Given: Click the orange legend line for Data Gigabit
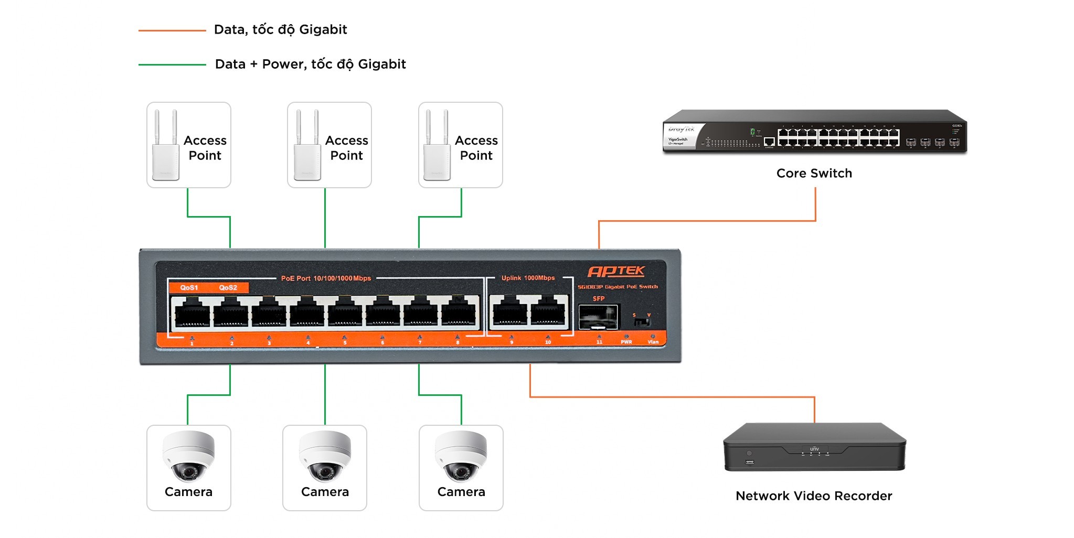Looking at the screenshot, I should (172, 30).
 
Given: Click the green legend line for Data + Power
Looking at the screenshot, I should (172, 64).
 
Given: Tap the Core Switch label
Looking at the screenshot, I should (814, 174).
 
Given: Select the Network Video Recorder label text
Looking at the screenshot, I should (814, 496).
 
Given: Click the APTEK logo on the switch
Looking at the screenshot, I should (616, 271).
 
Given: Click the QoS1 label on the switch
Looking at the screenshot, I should (189, 287).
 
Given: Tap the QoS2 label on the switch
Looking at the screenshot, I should (228, 287).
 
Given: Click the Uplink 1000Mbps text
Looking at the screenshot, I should (528, 278).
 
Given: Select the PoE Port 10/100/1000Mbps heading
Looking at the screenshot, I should (326, 278).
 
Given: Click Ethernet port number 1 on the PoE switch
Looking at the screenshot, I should (192, 314).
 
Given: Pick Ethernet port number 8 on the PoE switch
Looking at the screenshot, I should (459, 314).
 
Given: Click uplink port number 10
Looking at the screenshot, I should (548, 314).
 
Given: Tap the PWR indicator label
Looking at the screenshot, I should (626, 342).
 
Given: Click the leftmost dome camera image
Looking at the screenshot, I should (188, 456).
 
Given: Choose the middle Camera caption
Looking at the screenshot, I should (325, 492).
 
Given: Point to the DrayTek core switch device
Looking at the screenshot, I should (814, 132).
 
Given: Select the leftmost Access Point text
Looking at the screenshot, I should (205, 148).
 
